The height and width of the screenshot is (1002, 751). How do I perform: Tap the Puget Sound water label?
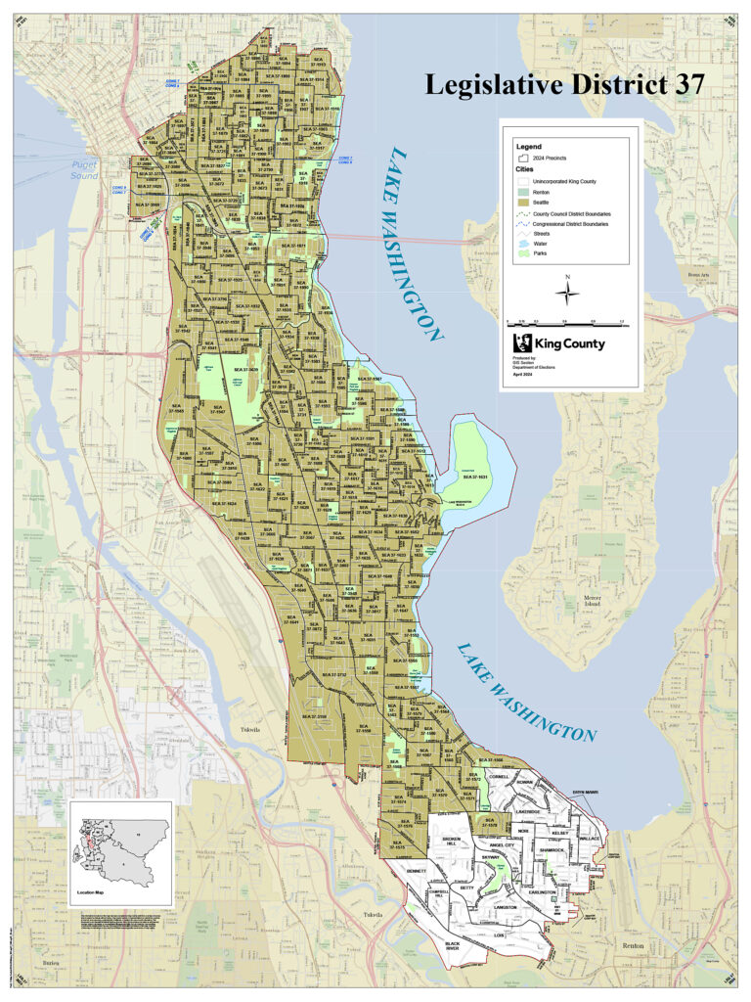click(x=84, y=170)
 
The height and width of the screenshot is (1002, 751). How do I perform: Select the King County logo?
click(x=560, y=343)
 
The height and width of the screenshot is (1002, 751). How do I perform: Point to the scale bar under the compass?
click(x=565, y=321)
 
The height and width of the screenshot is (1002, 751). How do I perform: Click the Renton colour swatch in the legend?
click(x=523, y=192)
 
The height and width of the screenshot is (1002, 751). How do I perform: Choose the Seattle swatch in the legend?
click(x=523, y=203)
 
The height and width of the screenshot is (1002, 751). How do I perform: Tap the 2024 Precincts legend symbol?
click(x=523, y=157)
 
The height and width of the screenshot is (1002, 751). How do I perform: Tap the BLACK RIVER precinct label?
click(x=453, y=946)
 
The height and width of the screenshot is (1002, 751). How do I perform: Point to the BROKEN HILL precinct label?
click(x=451, y=842)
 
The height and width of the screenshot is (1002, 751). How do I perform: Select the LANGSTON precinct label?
click(x=506, y=907)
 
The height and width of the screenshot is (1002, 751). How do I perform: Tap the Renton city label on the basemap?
click(x=633, y=946)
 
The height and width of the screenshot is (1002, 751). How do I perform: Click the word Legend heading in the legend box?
click(x=528, y=146)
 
